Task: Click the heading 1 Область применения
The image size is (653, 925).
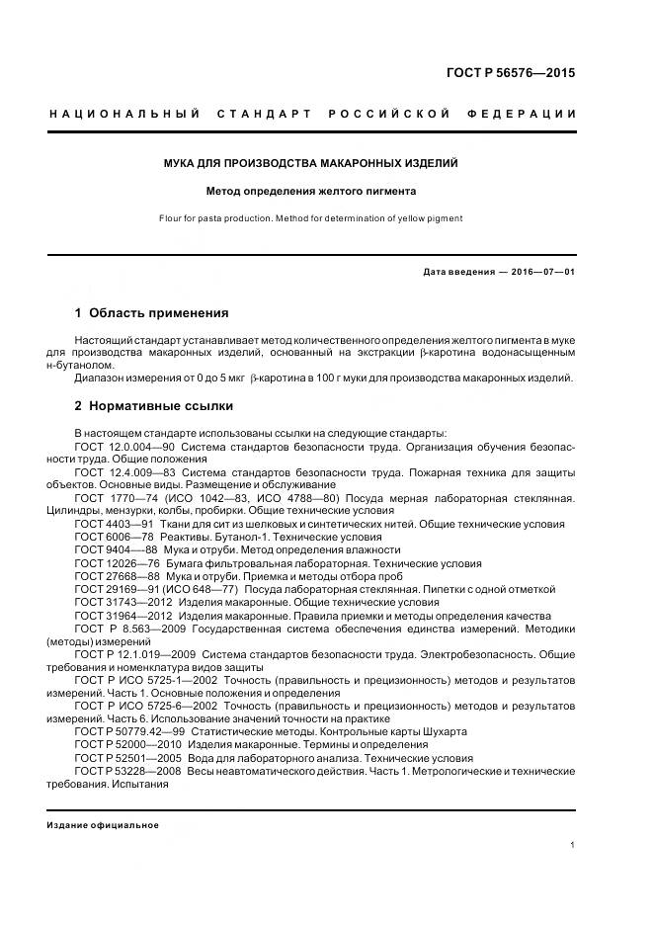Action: tap(151, 313)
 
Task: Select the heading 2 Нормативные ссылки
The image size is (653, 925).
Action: tap(153, 406)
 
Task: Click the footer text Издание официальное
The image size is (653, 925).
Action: tap(103, 825)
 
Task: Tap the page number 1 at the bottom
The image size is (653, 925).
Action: tap(573, 845)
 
